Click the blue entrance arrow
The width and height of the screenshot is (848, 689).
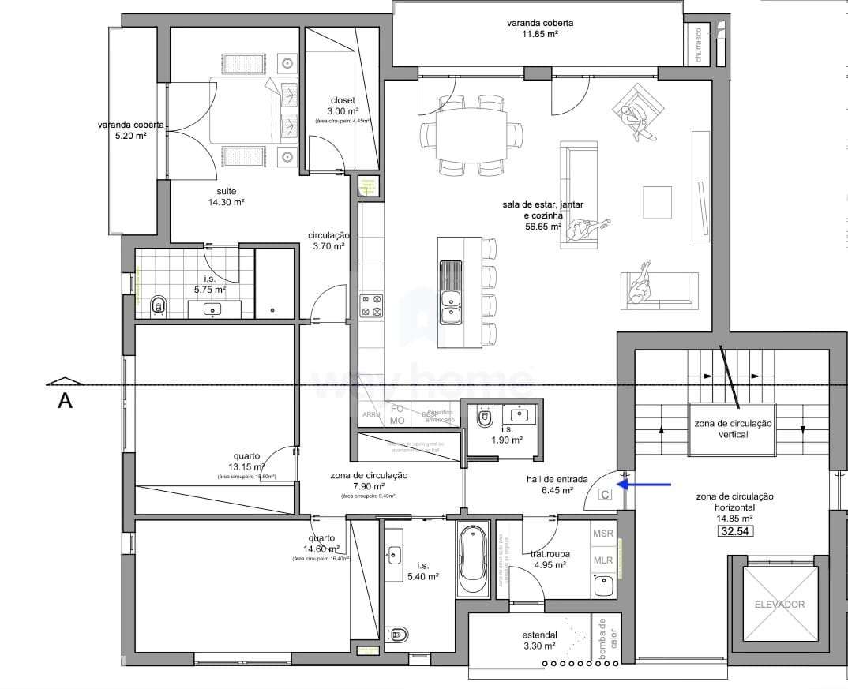point(644,484)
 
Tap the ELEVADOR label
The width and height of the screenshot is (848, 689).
point(779,605)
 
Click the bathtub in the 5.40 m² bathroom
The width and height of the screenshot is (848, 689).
point(473,559)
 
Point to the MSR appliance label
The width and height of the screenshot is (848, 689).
point(604,534)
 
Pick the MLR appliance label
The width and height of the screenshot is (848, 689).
point(604,560)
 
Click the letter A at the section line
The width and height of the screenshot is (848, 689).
point(66,402)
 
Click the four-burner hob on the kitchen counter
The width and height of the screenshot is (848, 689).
point(371,305)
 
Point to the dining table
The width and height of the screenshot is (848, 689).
point(473,137)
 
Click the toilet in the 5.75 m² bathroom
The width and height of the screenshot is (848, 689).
point(158,305)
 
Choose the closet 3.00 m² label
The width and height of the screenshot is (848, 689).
point(343,106)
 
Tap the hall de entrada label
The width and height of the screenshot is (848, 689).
point(557,485)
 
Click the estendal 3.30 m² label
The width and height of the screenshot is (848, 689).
point(541,640)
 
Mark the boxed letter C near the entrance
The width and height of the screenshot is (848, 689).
point(606,495)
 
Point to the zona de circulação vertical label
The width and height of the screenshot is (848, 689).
point(734,429)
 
